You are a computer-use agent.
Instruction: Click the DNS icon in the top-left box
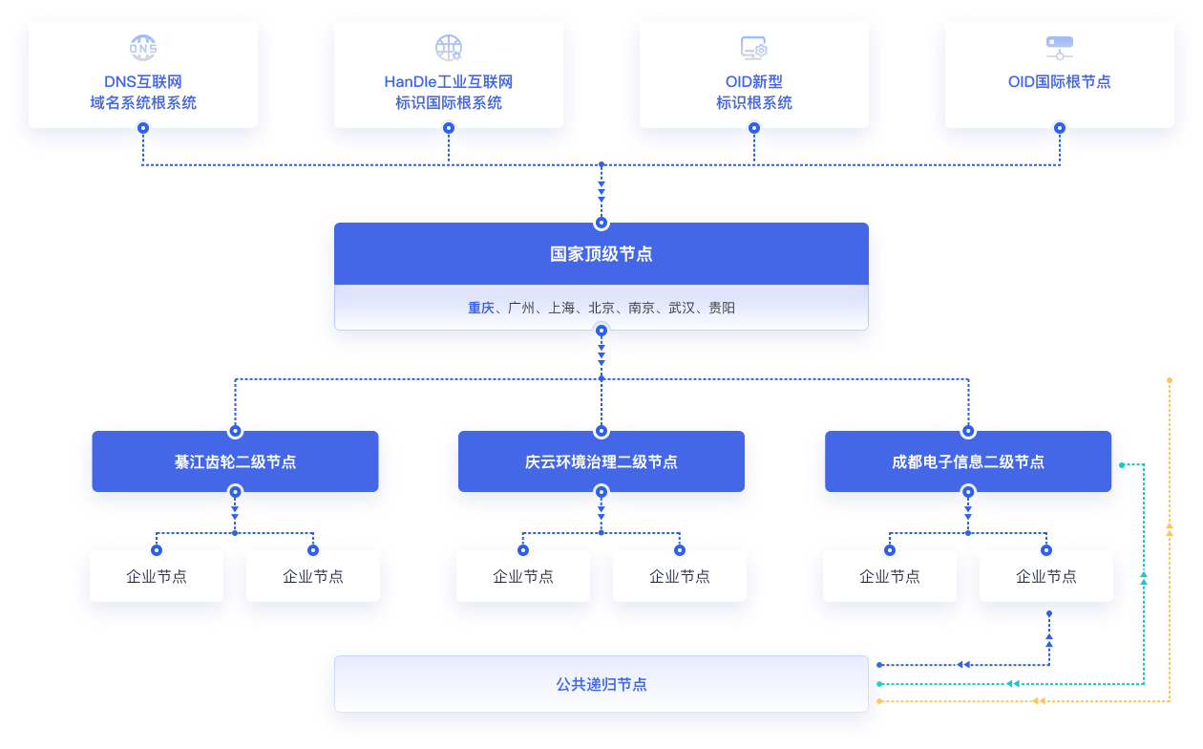[x=143, y=48]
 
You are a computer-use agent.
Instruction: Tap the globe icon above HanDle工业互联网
[x=449, y=48]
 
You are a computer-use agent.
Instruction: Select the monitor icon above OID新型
[x=754, y=48]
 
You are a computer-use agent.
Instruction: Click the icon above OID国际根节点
[x=1060, y=48]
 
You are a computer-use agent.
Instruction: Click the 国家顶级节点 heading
[x=601, y=254]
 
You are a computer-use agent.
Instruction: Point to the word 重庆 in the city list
[x=481, y=309]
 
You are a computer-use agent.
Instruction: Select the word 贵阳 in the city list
[x=722, y=309]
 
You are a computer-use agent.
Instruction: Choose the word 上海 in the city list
[x=561, y=309]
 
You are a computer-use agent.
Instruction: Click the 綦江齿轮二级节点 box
[x=235, y=461]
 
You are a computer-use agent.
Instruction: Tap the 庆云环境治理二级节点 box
[x=601, y=461]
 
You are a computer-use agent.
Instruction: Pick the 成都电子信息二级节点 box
[x=968, y=461]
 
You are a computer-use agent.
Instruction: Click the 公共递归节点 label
[x=601, y=684]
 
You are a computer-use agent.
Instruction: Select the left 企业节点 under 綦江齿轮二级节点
[x=157, y=577]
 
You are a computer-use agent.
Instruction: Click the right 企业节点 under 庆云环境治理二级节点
[x=680, y=577]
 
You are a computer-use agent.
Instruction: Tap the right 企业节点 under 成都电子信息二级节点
[x=1046, y=577]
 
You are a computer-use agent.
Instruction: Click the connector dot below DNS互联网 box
[x=143, y=128]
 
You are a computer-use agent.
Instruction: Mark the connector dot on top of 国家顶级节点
[x=601, y=223]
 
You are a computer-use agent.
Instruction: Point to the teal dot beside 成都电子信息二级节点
[x=1122, y=465]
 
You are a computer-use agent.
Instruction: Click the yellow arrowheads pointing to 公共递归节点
[x=1037, y=701]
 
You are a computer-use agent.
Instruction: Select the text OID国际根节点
[x=1060, y=82]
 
